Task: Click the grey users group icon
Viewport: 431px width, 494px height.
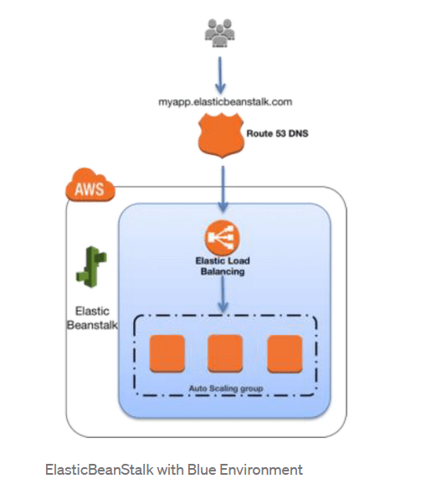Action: pyautogui.click(x=220, y=33)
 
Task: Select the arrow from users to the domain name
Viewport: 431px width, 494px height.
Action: pyautogui.click(x=220, y=75)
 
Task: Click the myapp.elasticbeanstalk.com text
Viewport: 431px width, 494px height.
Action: pyautogui.click(x=225, y=102)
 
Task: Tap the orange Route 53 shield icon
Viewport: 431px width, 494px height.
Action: pyautogui.click(x=221, y=136)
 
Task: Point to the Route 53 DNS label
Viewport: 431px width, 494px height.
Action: pyautogui.click(x=277, y=134)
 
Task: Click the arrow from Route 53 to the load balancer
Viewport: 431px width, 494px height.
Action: pyautogui.click(x=223, y=189)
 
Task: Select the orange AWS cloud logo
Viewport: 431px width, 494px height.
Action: pyautogui.click(x=90, y=185)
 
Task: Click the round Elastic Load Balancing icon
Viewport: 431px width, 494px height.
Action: pyautogui.click(x=223, y=237)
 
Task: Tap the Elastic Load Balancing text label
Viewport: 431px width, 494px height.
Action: pyautogui.click(x=223, y=266)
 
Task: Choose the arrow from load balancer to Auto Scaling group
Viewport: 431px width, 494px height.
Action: pyautogui.click(x=223, y=295)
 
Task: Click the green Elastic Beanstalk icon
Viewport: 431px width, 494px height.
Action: pyautogui.click(x=91, y=267)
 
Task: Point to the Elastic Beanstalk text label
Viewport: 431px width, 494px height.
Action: pyautogui.click(x=92, y=318)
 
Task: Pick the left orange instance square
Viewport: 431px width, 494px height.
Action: pyautogui.click(x=167, y=353)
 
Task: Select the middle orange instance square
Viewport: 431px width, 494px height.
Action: pyautogui.click(x=225, y=353)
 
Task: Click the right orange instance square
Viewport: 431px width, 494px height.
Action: pyautogui.click(x=285, y=354)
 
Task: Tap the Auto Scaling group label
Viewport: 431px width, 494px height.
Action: pyautogui.click(x=226, y=389)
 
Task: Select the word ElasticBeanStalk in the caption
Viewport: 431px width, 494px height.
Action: pyautogui.click(x=100, y=470)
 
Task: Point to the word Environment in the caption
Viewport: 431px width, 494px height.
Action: pyautogui.click(x=261, y=470)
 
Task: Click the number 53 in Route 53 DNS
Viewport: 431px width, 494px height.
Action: pyautogui.click(x=280, y=134)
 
